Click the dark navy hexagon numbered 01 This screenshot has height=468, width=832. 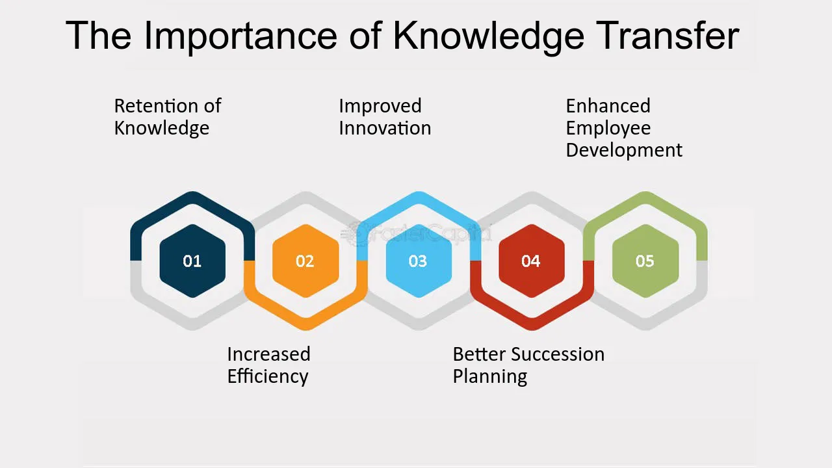[192, 261]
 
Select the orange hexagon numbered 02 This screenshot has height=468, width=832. [305, 261]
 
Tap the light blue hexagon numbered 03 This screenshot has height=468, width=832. [419, 261]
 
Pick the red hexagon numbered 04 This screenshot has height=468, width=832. [532, 261]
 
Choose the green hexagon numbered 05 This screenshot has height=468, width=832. [645, 261]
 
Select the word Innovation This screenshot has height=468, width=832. [385, 128]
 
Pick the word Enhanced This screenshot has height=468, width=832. [608, 106]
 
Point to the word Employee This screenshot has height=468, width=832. [608, 129]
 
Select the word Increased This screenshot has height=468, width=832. [268, 354]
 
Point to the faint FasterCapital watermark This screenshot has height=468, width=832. [417, 233]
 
